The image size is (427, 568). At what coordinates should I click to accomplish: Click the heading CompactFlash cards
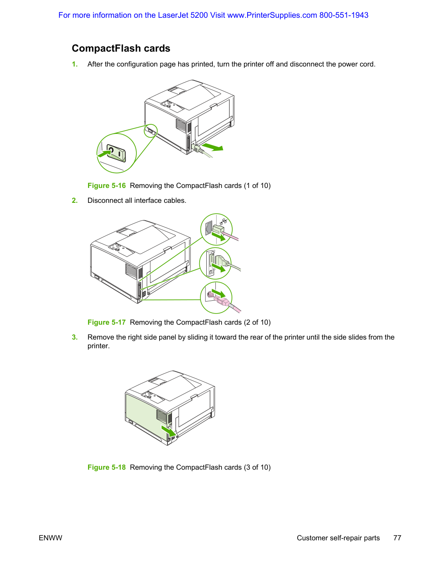pos(121,48)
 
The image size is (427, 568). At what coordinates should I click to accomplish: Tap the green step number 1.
pos(74,64)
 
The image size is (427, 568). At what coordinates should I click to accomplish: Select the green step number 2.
pos(74,200)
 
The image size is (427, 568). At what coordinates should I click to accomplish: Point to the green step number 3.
pos(74,337)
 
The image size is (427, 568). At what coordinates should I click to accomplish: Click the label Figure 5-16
pos(106,185)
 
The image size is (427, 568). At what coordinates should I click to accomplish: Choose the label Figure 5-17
pos(106,322)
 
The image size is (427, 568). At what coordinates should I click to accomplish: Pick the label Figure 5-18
pos(106,467)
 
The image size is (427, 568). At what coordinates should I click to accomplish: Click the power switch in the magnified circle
pos(116,153)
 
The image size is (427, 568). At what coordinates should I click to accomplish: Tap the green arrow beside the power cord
pos(212,147)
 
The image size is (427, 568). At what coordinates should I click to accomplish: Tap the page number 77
pos(397,538)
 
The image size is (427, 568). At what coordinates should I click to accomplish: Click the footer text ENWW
pos(50,538)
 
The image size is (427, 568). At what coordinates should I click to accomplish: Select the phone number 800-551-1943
pos(344,15)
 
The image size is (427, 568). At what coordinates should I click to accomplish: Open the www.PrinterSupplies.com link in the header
pos(272,15)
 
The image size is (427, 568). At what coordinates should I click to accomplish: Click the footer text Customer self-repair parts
pos(338,538)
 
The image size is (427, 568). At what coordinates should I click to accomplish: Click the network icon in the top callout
pos(223,221)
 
